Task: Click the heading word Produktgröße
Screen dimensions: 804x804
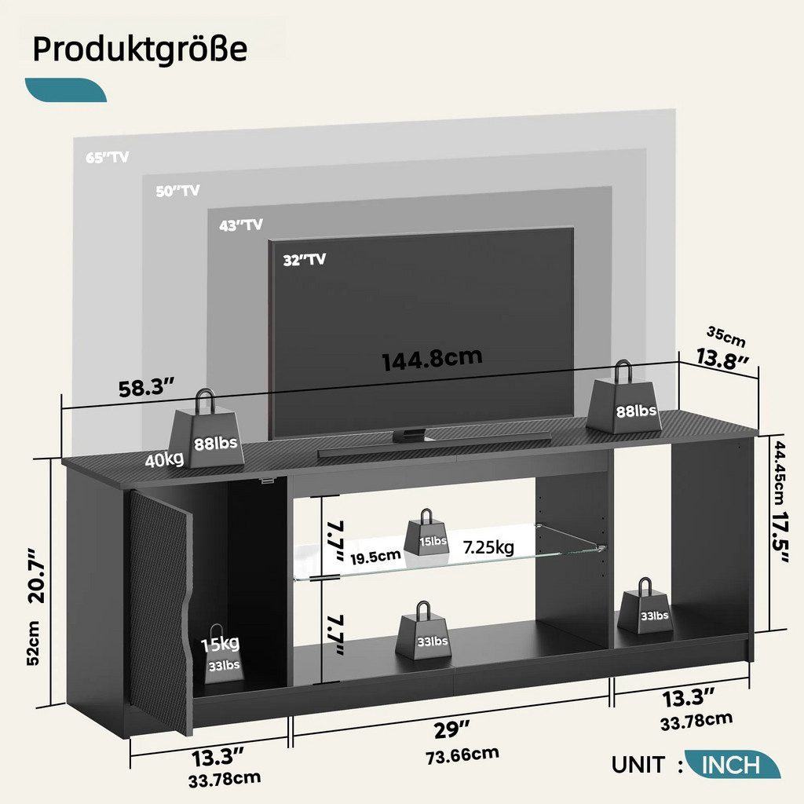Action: tap(140, 50)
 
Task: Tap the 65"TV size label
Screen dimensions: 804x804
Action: tap(107, 157)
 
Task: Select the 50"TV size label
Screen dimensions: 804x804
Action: tap(177, 191)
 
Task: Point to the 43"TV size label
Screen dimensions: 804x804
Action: tap(241, 225)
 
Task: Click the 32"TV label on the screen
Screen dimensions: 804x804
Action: tap(305, 259)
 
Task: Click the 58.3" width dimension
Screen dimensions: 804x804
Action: tap(148, 388)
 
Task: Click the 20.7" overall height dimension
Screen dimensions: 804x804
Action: tap(36, 576)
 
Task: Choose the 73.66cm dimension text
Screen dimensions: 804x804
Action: tap(462, 755)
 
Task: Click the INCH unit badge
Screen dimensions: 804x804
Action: tap(733, 765)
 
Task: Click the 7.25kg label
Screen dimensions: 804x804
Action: tap(488, 547)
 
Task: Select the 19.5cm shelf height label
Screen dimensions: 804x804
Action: tap(375, 557)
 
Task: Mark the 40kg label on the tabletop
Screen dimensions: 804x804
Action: tap(164, 459)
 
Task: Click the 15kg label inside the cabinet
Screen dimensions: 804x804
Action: tap(220, 643)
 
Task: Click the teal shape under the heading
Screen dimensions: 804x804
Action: tap(66, 90)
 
